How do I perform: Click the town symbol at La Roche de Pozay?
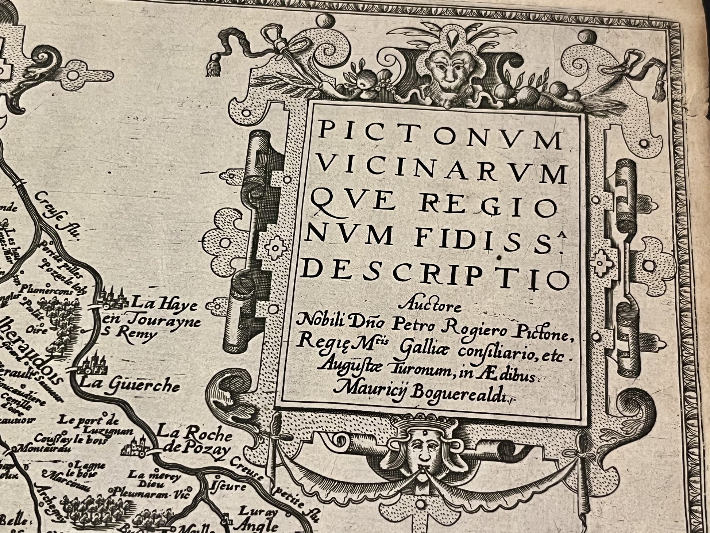click(137, 447)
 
